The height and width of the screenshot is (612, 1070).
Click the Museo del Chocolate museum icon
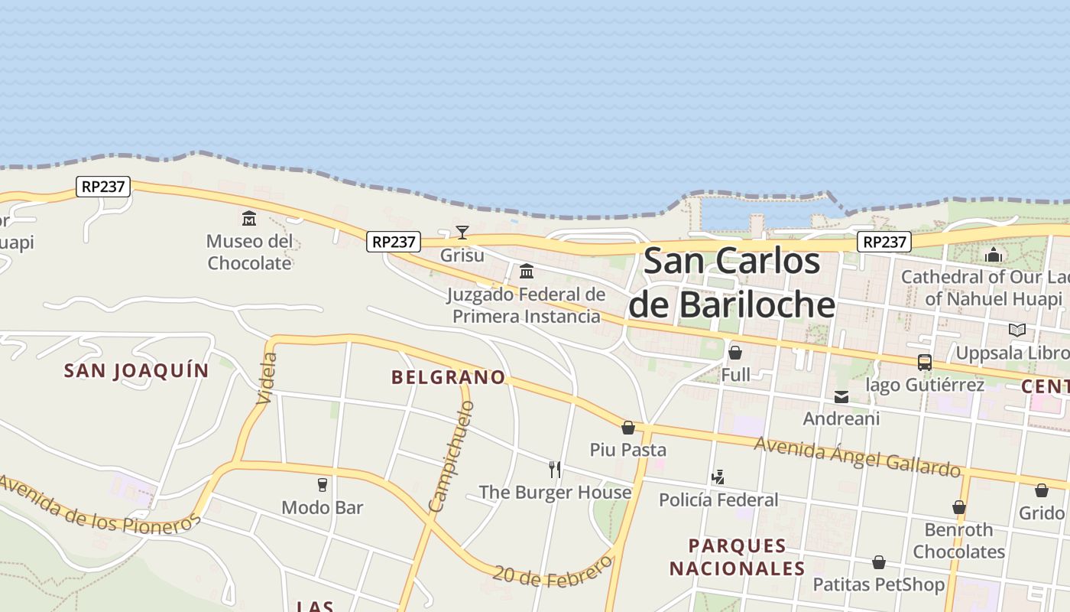249,219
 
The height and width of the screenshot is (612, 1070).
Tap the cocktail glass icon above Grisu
462,233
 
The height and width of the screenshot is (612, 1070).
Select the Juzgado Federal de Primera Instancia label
526,305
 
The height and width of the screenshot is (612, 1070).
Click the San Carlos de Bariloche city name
731,283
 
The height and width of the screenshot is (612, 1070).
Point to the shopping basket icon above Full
735,353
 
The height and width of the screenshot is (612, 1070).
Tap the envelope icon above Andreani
841,397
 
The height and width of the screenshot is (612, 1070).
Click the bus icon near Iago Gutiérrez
925,363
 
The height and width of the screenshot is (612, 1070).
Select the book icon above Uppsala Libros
1016,330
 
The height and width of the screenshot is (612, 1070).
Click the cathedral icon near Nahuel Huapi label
994,255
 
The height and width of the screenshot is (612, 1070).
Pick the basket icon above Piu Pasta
628,428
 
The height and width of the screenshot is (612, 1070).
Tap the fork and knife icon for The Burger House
555,470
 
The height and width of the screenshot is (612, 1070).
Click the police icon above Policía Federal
718,478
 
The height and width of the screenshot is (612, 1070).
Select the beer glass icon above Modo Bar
322,485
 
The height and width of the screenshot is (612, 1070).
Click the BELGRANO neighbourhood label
448,377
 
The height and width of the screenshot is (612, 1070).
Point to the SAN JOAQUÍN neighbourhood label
136,371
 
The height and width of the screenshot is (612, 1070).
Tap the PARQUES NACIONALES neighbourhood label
737,557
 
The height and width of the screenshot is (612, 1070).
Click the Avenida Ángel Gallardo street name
857,456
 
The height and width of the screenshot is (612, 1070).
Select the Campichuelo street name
452,457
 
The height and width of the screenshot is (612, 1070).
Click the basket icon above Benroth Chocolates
959,508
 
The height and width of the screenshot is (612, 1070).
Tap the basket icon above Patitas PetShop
879,563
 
